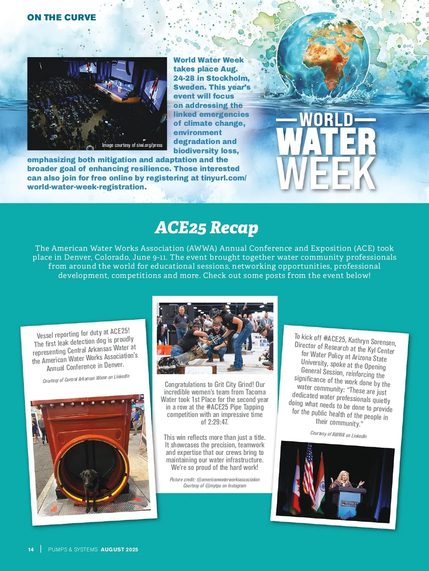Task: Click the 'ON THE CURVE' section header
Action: (61, 18)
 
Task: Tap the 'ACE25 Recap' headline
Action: (206, 228)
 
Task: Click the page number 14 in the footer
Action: (31, 550)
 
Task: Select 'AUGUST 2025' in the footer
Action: (119, 550)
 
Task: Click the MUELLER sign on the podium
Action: (349, 504)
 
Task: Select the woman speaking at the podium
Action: (345, 481)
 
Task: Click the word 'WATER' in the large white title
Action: (326, 141)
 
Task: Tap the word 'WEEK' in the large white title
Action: (326, 174)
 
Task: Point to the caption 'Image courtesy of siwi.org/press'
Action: (132, 145)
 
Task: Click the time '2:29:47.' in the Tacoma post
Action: (214, 422)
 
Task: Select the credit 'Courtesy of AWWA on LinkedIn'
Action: (338, 434)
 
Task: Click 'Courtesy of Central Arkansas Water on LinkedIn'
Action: (86, 378)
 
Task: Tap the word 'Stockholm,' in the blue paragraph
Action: (228, 78)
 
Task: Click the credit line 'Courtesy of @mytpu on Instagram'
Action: (214, 486)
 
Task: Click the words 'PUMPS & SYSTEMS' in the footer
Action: (73, 550)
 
